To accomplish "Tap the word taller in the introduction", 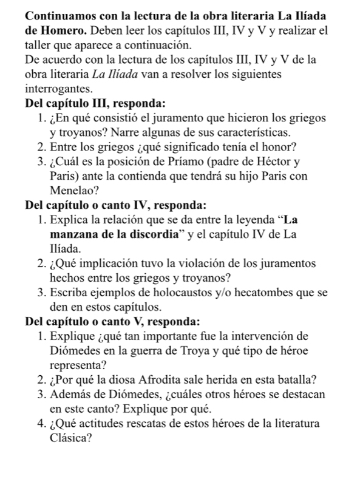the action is coord(24,44).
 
